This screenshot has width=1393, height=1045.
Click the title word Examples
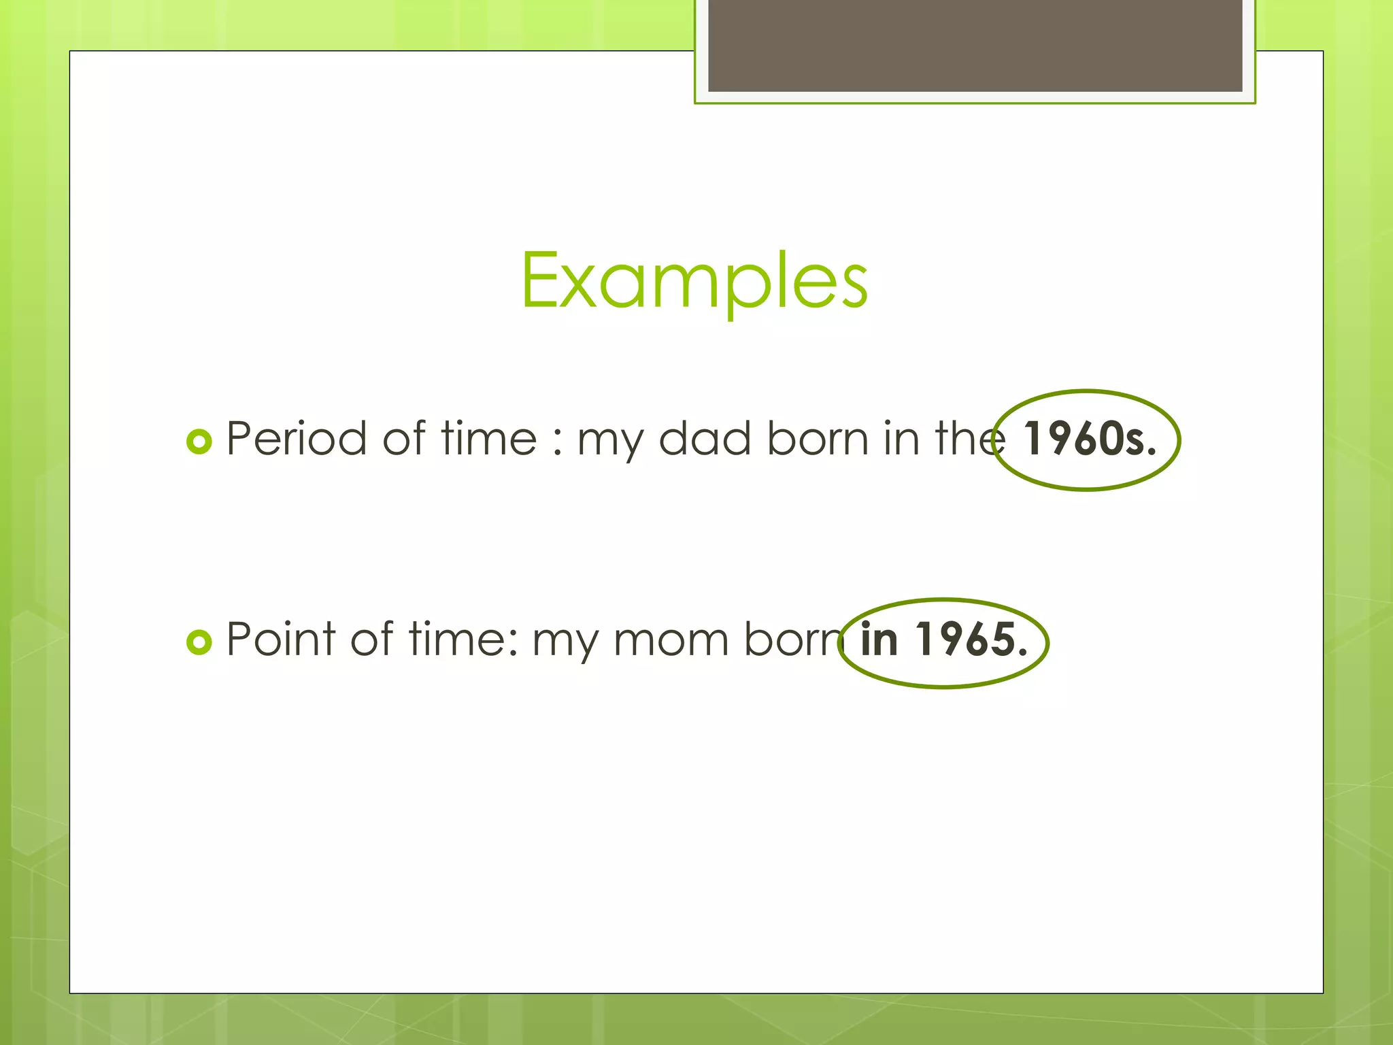point(694,280)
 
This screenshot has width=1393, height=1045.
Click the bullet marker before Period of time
point(199,442)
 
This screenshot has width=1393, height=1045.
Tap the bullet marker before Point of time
point(199,642)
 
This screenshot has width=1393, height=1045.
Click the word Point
point(281,639)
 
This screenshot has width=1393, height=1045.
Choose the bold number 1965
point(971,640)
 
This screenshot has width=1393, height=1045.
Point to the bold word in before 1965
point(879,640)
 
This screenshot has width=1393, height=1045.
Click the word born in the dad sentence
point(818,438)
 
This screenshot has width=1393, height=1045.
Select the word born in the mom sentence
point(793,640)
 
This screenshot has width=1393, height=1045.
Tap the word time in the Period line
point(489,438)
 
